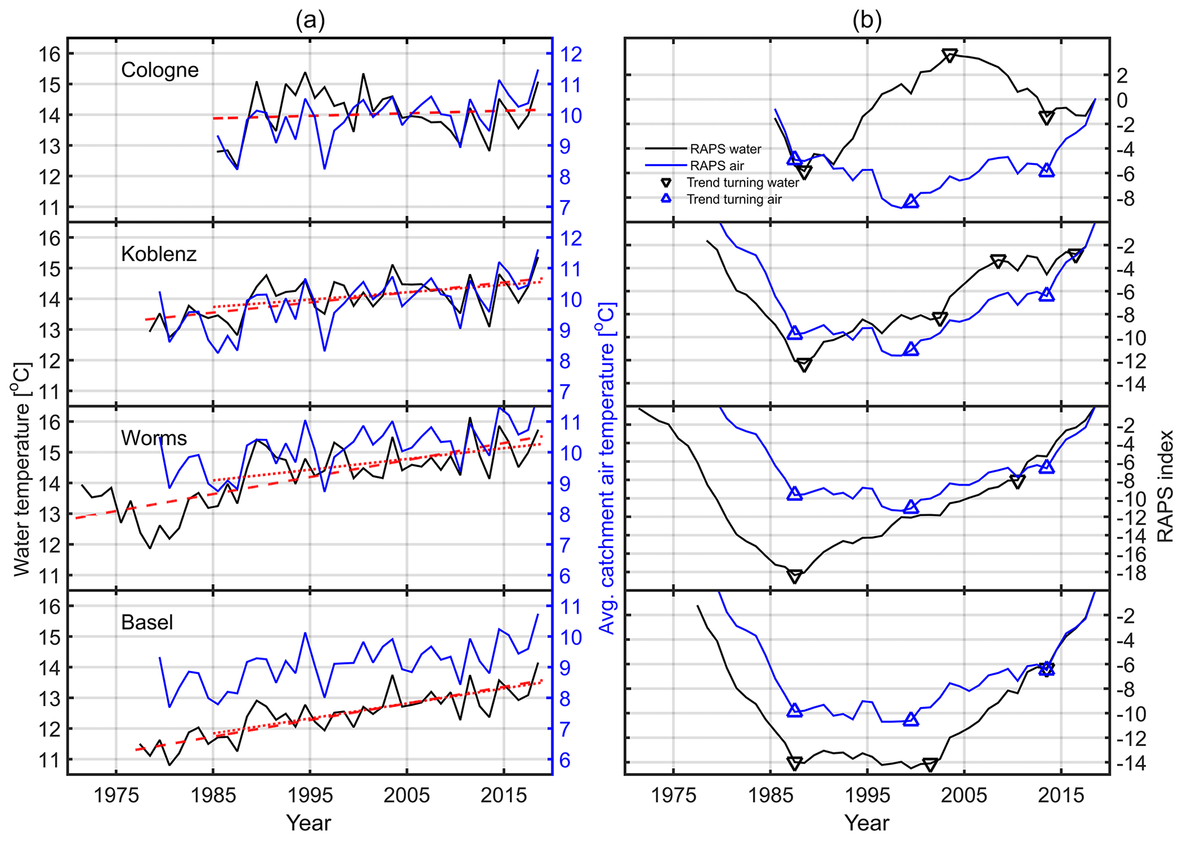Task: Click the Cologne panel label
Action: tap(160, 70)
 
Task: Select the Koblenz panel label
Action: tap(159, 254)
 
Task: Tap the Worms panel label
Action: tap(154, 438)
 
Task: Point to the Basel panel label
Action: tap(147, 622)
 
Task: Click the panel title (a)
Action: tap(310, 21)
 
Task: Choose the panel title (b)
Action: tap(867, 21)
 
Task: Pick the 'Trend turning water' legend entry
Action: tap(742, 183)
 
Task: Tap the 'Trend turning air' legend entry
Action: tap(734, 199)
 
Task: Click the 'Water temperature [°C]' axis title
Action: tap(21, 469)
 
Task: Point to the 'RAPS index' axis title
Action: tap(1165, 486)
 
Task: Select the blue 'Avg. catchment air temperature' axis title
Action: tap(607, 469)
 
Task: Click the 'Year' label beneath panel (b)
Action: tap(867, 823)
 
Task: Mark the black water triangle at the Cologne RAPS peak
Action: tap(949, 55)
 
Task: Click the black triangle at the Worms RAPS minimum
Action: tap(794, 576)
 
